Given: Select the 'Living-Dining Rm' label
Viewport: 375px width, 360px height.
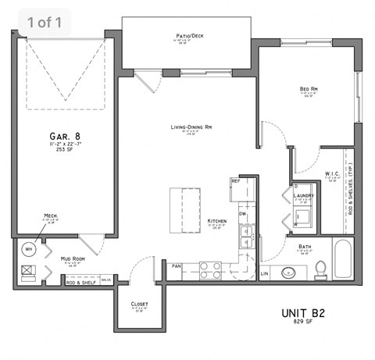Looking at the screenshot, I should [x=192, y=127].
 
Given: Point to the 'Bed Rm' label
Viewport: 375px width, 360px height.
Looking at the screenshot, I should [x=308, y=89].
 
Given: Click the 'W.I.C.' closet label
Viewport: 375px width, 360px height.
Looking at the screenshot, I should [x=332, y=173].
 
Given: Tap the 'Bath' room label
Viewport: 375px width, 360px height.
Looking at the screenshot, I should [x=304, y=246].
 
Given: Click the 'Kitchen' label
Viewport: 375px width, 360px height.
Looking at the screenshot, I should [x=216, y=222].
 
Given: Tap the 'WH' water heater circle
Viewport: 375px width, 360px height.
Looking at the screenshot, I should [x=30, y=250].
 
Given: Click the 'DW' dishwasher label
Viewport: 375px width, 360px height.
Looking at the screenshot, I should [x=243, y=213].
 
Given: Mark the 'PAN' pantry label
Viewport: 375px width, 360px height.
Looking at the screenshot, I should [x=176, y=266].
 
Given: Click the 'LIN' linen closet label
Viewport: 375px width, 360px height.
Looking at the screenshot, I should [x=264, y=273].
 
